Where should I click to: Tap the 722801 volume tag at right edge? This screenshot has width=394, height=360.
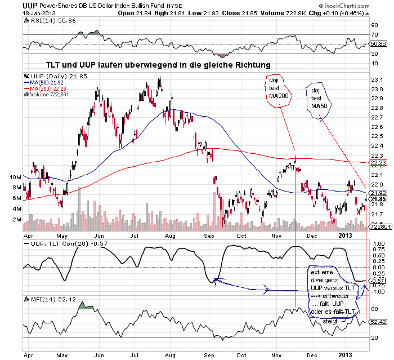[x=377, y=227]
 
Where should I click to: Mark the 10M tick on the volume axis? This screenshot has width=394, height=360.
[x=16, y=177]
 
